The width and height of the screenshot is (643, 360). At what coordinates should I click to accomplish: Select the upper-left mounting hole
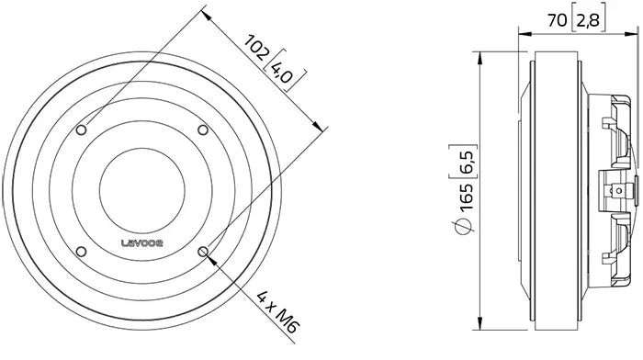tap(84, 129)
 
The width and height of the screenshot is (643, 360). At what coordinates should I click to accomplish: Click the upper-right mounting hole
tap(203, 129)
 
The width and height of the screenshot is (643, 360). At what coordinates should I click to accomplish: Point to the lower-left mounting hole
tap(84, 250)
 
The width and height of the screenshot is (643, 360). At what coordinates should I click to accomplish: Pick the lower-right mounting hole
tap(203, 250)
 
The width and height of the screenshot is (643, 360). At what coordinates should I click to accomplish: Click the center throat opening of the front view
tap(143, 190)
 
